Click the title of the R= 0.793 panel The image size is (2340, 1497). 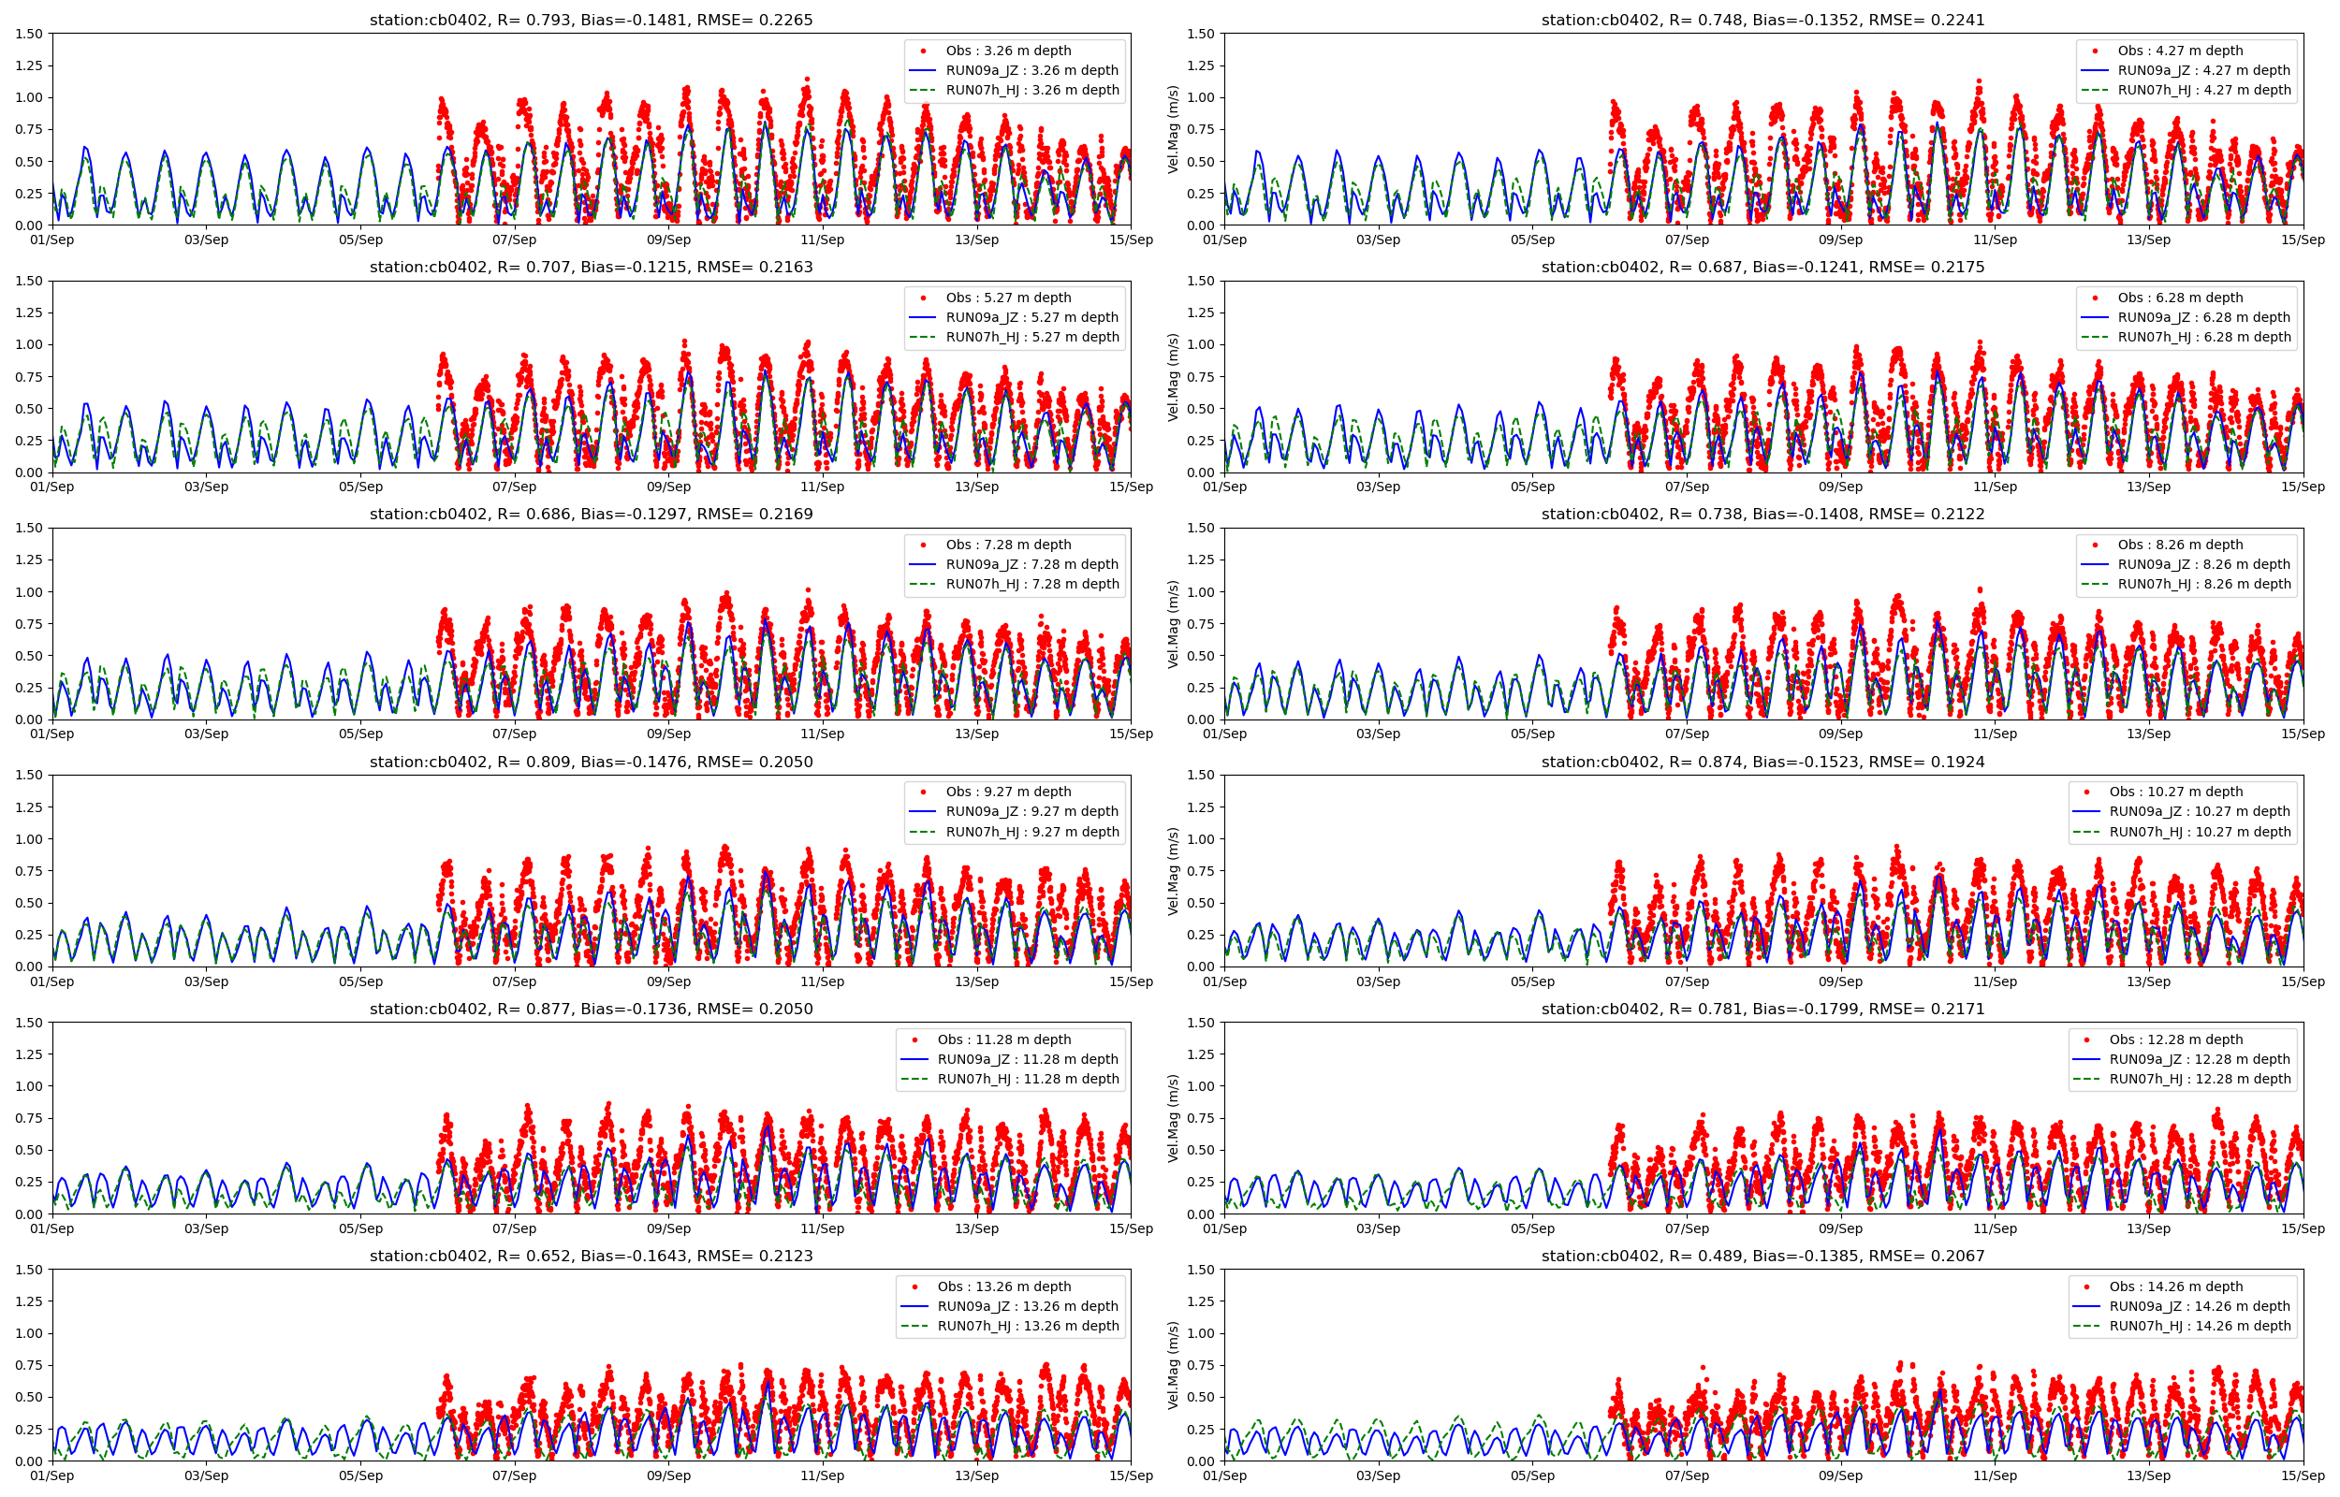coord(590,20)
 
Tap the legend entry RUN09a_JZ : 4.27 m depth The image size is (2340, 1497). coord(2204,70)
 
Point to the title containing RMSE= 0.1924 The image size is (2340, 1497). coord(1762,763)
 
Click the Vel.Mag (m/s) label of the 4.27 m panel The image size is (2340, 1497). coord(1173,129)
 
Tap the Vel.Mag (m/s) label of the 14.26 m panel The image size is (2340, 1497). coord(1173,1365)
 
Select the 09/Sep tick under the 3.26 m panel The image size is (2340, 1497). coord(668,240)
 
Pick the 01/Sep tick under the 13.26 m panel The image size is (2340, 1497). coord(52,1475)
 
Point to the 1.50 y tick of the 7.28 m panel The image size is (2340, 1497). coord(29,528)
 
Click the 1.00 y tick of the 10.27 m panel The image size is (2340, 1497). coord(1201,839)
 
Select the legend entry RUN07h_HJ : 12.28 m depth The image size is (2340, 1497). coord(2200,1079)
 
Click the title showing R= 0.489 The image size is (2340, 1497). coord(1762,1256)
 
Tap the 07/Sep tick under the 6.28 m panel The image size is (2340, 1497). coord(1686,487)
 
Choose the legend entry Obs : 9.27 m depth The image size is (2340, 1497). coord(1008,792)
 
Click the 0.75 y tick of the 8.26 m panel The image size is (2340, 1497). coord(1201,624)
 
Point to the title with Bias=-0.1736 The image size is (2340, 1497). coord(590,1009)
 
